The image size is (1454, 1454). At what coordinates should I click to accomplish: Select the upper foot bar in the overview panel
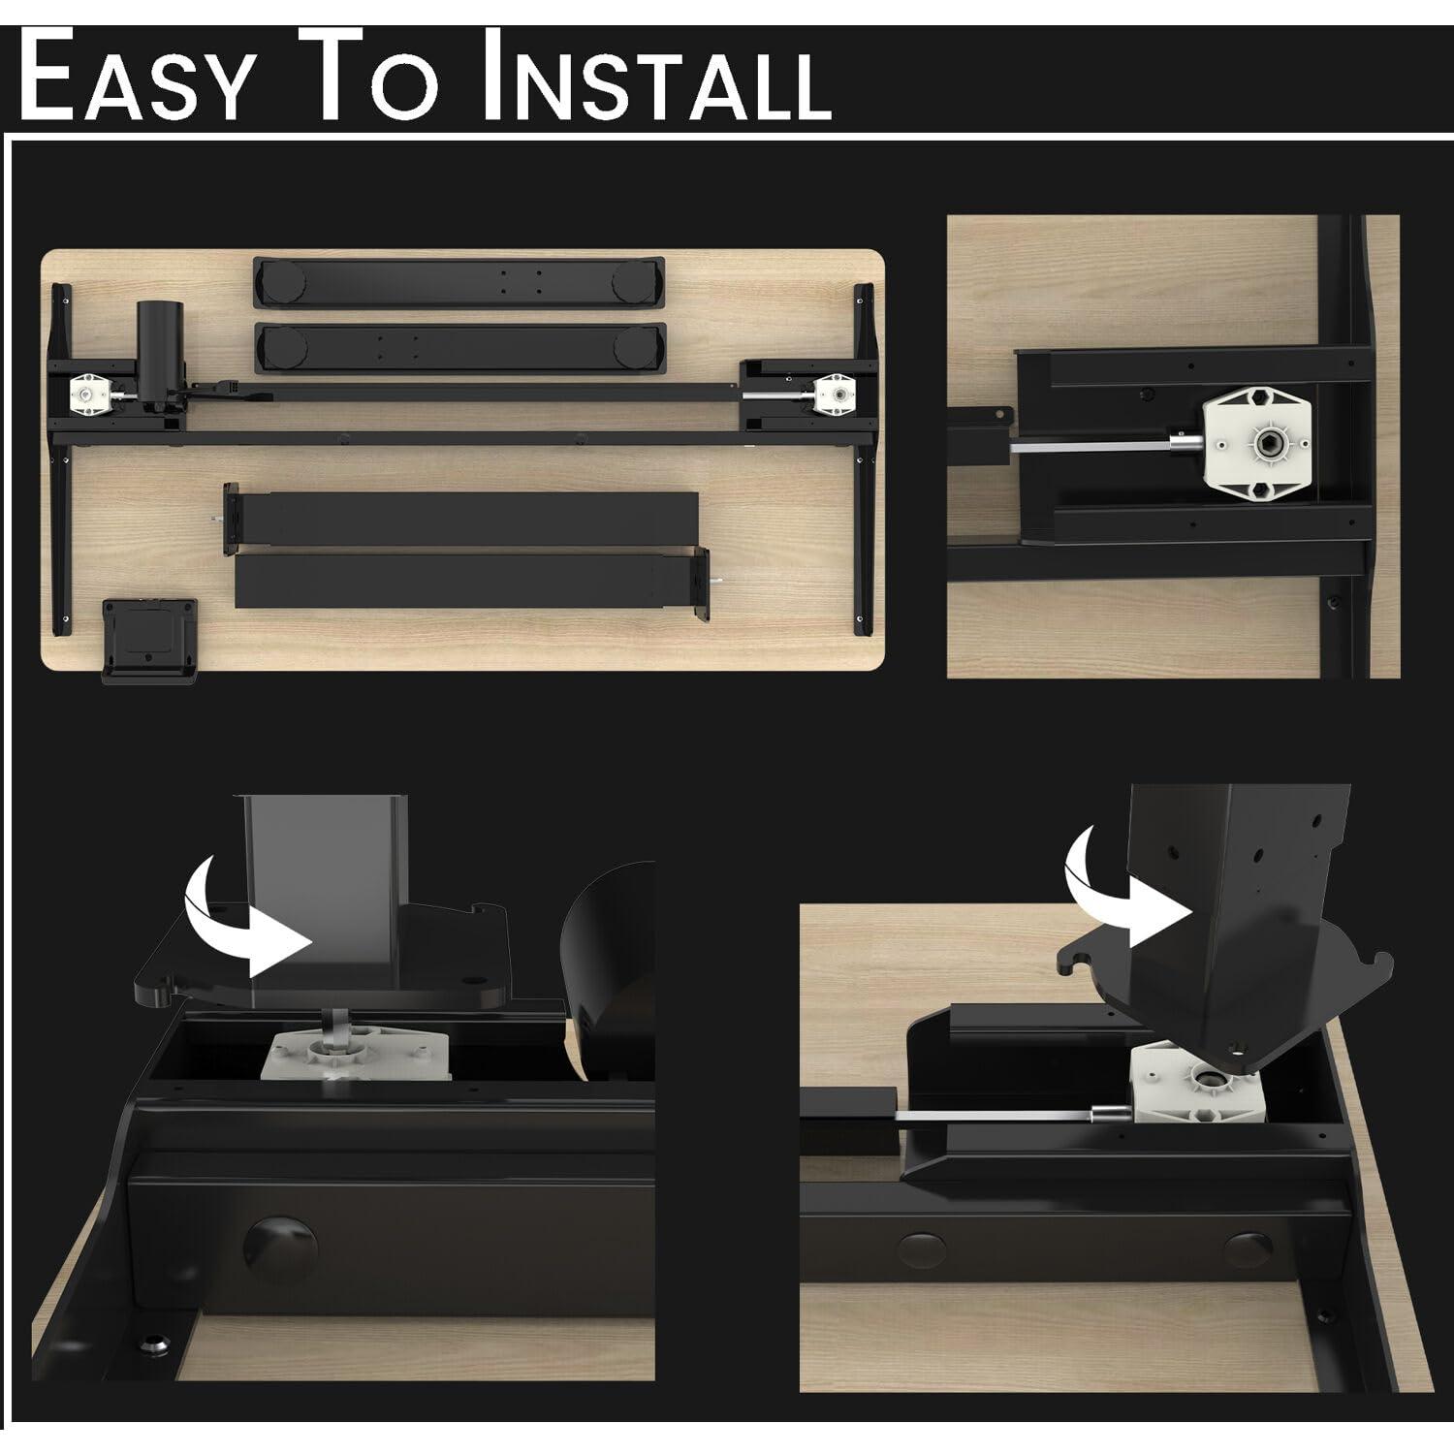(458, 281)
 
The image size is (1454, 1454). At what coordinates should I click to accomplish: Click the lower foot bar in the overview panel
(459, 347)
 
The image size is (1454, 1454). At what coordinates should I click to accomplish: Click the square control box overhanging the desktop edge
(151, 640)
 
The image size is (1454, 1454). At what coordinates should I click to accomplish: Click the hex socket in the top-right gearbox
(1264, 444)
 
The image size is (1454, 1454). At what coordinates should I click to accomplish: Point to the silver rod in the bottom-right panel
(998, 1117)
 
